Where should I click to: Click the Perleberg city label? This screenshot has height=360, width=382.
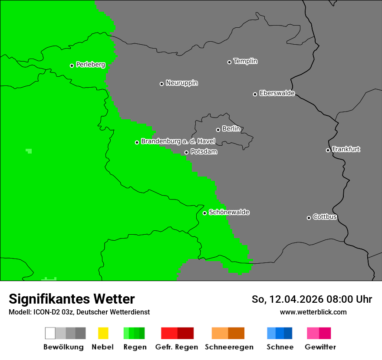click(90, 65)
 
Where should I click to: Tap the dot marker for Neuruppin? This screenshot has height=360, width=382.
click(161, 84)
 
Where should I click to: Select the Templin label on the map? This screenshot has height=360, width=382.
click(245, 61)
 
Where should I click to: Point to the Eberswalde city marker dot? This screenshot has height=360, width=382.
click(255, 94)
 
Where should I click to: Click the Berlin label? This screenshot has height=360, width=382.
click(231, 129)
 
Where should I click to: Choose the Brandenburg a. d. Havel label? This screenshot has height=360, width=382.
click(178, 141)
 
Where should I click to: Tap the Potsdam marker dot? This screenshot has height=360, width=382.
click(186, 152)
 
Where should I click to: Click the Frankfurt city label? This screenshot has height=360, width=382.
click(346, 149)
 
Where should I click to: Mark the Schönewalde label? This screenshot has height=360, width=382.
click(229, 212)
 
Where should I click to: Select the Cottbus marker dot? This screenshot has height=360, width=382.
click(309, 218)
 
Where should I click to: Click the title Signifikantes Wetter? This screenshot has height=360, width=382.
click(72, 299)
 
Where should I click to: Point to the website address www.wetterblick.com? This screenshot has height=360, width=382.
click(313, 312)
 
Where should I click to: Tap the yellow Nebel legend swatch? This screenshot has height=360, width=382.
click(103, 333)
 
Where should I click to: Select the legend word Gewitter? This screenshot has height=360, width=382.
click(320, 347)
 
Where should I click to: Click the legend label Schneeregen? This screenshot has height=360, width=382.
click(229, 347)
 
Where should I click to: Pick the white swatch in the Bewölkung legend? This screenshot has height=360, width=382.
click(50, 333)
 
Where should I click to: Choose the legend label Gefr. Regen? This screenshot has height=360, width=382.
click(176, 347)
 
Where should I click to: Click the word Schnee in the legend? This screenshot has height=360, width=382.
click(280, 347)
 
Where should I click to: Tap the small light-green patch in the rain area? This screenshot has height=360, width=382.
click(29, 151)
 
